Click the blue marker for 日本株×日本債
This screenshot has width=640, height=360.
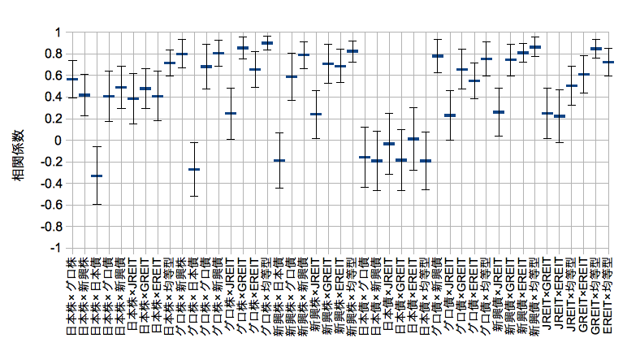tap(97, 176)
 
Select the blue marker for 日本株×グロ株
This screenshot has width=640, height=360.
tap(72, 79)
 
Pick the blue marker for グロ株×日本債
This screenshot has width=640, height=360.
tap(194, 169)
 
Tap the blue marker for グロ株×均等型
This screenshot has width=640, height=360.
tap(267, 43)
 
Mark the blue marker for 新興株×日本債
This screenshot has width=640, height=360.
tap(279, 160)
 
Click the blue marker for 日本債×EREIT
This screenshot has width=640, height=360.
tap(413, 139)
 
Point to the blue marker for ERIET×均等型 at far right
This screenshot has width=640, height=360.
tap(608, 62)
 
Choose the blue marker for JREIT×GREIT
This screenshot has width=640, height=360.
tap(547, 113)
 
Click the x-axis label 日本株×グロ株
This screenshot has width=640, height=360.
tap(72, 297)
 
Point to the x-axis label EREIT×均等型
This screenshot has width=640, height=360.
tap(608, 297)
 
